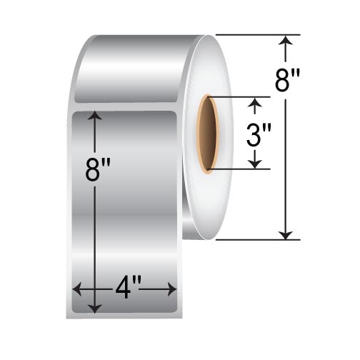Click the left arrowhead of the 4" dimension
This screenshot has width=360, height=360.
click(77, 289)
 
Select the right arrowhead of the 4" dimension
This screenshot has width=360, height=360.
click(171, 289)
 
